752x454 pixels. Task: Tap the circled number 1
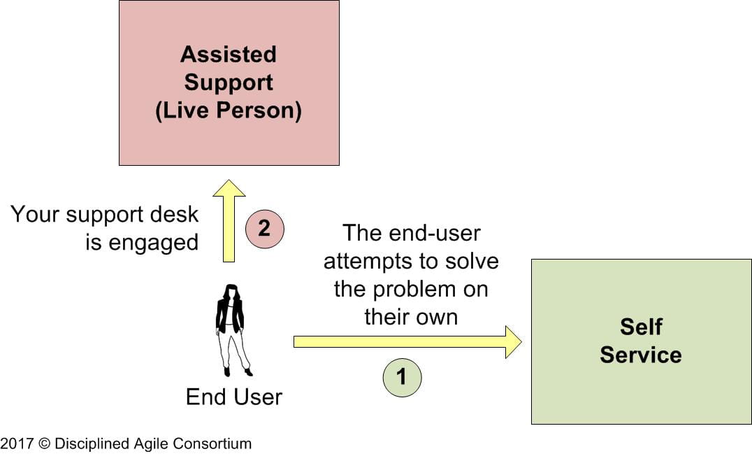[x=401, y=377]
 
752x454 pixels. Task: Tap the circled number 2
[x=264, y=228]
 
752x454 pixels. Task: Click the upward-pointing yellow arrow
[x=229, y=220]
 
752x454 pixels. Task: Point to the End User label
[x=233, y=397]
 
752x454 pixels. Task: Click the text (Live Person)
[x=229, y=111]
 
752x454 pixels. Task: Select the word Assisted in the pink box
[x=229, y=54]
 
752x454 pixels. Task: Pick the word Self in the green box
[x=641, y=327]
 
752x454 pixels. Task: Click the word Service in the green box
[x=641, y=355]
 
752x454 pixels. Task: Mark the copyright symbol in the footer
[x=43, y=444]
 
